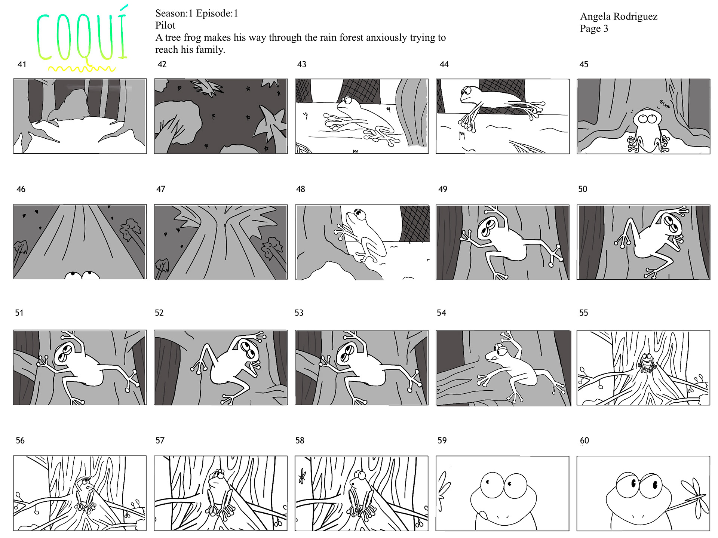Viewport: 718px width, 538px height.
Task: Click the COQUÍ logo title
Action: point(82,36)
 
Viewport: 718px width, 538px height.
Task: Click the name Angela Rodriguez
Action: point(619,17)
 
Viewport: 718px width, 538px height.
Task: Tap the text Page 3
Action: point(594,29)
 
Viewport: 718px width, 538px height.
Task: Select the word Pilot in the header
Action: point(165,25)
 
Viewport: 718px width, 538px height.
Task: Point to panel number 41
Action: point(22,64)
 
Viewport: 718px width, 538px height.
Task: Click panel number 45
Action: point(584,64)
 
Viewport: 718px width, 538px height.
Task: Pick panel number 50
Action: point(583,189)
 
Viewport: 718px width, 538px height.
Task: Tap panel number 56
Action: point(20,440)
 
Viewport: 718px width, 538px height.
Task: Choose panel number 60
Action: point(584,440)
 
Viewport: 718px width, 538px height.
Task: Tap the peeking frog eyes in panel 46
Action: point(82,275)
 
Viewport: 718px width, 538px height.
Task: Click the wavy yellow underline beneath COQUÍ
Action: point(82,69)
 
